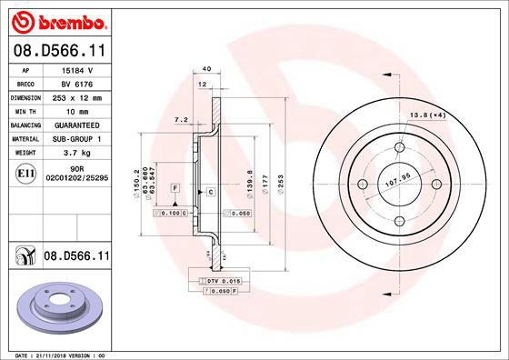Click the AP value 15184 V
click(x=76, y=70)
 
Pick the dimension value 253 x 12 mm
click(x=76, y=96)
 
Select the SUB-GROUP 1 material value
click(x=76, y=138)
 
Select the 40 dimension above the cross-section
click(x=206, y=69)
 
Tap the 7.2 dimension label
click(x=180, y=119)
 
